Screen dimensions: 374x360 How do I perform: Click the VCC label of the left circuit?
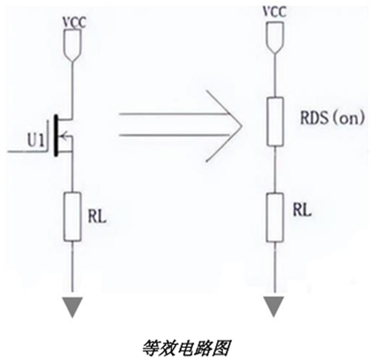pyautogui.click(x=75, y=23)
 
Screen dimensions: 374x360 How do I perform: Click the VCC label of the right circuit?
pyautogui.click(x=275, y=11)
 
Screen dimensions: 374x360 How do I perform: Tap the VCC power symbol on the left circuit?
pyautogui.click(x=72, y=47)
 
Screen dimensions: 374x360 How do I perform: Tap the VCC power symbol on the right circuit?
pyautogui.click(x=275, y=38)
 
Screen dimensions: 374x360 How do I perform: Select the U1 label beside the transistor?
pyautogui.click(x=36, y=140)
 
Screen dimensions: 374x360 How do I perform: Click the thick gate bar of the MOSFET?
pyautogui.click(x=55, y=135)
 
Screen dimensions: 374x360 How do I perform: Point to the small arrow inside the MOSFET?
pyautogui.click(x=66, y=135)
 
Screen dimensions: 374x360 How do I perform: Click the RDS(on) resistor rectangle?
pyautogui.click(x=275, y=122)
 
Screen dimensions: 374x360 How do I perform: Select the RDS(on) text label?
pyautogui.click(x=333, y=118)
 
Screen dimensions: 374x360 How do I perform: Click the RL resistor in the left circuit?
pyautogui.click(x=72, y=217)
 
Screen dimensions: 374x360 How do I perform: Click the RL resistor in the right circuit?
pyautogui.click(x=275, y=218)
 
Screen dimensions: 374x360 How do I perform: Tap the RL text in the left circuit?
pyautogui.click(x=97, y=217)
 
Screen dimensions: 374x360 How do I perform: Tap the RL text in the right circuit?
pyautogui.click(x=302, y=210)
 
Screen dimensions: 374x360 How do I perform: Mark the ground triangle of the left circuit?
pyautogui.click(x=72, y=307)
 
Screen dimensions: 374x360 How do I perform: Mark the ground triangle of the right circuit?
pyautogui.click(x=274, y=306)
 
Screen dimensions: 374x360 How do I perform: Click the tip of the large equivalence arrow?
pyautogui.click(x=242, y=126)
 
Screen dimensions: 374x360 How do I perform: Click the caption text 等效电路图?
pyautogui.click(x=186, y=348)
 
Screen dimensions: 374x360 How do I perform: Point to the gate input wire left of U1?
pyautogui.click(x=26, y=151)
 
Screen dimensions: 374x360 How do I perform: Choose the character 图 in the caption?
pyautogui.click(x=221, y=348)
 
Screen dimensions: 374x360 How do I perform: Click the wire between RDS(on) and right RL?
pyautogui.click(x=275, y=169)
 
